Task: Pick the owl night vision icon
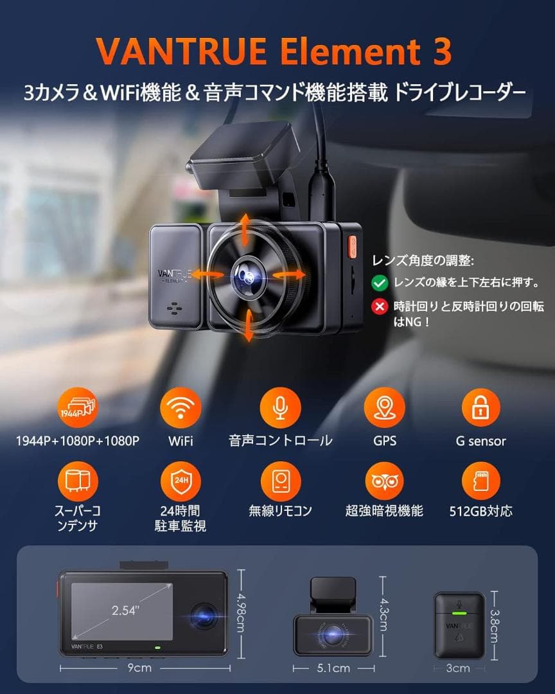pyautogui.click(x=384, y=480)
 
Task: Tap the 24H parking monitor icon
pyautogui.click(x=181, y=480)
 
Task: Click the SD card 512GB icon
pyautogui.click(x=481, y=480)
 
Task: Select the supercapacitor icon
pyautogui.click(x=78, y=480)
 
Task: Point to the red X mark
pyautogui.click(x=380, y=307)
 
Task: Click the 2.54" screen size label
pyautogui.click(x=124, y=610)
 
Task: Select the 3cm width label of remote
pyautogui.click(x=458, y=668)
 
